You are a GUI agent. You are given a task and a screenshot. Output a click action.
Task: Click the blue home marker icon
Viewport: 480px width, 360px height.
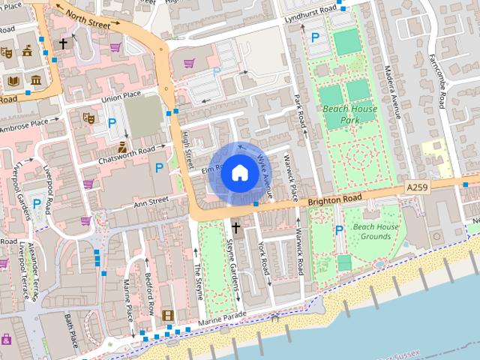coord(239,173)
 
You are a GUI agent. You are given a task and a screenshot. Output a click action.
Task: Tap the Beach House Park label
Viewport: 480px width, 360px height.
coord(349,114)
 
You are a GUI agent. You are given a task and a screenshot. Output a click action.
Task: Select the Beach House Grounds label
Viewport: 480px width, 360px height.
coord(376,231)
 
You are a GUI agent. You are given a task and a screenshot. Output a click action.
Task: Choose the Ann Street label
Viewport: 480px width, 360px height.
coord(151,201)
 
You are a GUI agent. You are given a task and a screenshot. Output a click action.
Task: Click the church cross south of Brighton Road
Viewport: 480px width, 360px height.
coord(235,226)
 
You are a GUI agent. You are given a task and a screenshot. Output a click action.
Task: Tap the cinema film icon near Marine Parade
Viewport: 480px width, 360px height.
coord(167,316)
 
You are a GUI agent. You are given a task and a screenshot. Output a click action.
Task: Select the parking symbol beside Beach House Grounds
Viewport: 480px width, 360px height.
coord(338,229)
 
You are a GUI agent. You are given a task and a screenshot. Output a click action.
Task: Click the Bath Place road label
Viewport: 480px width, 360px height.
coord(71,331)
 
